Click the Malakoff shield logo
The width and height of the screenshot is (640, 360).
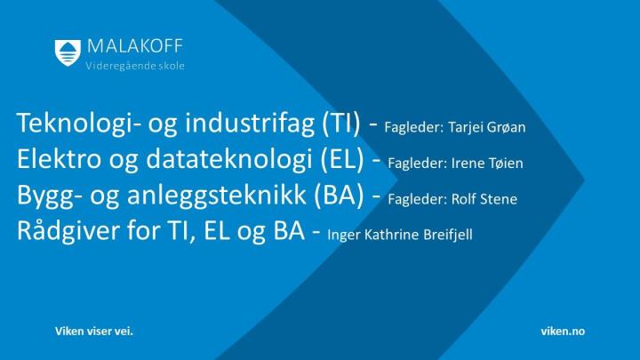(68, 52)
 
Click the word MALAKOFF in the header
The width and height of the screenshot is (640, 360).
(135, 46)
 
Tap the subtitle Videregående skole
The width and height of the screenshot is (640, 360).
(135, 66)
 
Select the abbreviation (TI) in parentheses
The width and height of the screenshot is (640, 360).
(341, 123)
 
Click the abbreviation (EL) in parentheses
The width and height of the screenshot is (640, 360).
(342, 159)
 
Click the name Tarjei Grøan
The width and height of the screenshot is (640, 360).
(487, 128)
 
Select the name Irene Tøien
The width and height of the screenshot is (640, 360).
(487, 164)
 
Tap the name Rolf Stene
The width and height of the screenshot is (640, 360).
(484, 199)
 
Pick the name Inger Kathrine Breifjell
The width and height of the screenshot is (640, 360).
(400, 235)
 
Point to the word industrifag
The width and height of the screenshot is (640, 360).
(250, 123)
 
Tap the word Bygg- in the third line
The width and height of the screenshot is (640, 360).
(49, 195)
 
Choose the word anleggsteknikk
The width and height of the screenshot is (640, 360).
(217, 195)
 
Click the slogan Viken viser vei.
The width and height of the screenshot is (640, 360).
(94, 331)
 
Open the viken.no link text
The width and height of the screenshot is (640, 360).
(563, 331)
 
